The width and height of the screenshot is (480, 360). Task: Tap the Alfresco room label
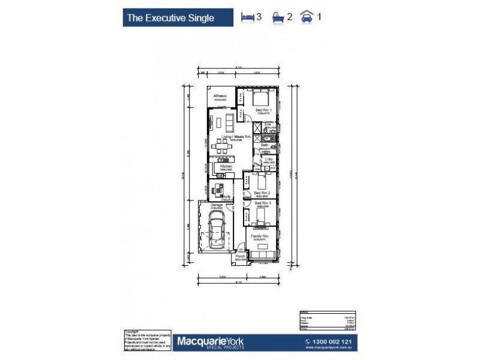[220, 96]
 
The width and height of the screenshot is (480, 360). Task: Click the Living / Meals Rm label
[236, 137]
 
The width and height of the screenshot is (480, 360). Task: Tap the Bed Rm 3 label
[262, 203]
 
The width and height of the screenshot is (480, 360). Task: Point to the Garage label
[217, 205]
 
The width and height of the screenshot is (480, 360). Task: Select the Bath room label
[264, 145]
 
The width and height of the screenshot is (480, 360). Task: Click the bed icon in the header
[247, 17]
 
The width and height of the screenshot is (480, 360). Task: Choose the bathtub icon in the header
[278, 17]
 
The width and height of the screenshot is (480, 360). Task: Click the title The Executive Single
[170, 18]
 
